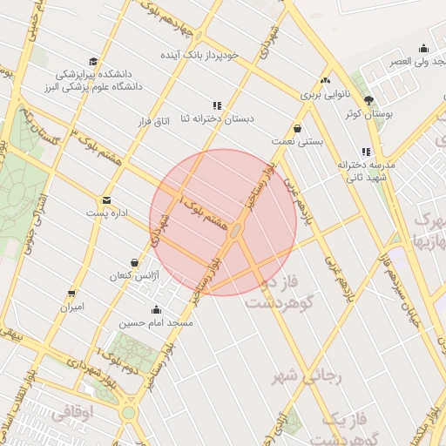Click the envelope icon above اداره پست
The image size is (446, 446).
point(106,200)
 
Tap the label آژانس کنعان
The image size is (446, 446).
point(132,275)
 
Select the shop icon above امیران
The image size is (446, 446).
point(71,294)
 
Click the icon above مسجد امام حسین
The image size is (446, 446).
point(156,310)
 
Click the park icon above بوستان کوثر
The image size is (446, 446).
point(368,101)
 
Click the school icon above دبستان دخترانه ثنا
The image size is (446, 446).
point(217,105)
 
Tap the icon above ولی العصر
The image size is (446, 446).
point(423,49)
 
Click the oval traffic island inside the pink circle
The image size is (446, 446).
point(237,230)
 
